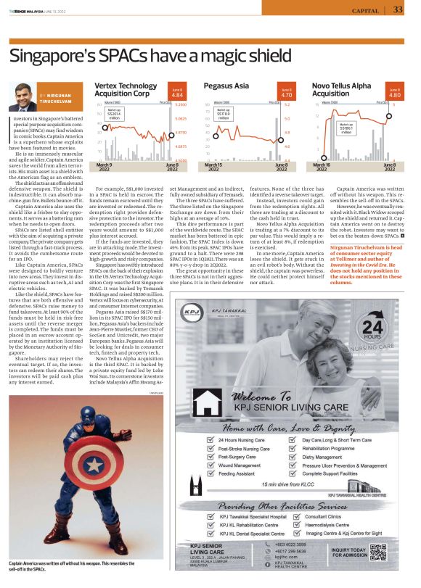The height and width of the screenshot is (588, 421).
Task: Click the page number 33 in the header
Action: point(398,10)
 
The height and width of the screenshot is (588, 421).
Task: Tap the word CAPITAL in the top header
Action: point(365,11)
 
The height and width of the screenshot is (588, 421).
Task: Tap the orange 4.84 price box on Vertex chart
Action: point(176,93)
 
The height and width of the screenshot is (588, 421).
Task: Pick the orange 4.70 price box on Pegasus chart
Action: point(286,93)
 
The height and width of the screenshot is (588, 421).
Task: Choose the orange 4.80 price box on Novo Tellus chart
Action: point(394,93)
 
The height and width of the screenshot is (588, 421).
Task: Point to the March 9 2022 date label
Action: point(109,168)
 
